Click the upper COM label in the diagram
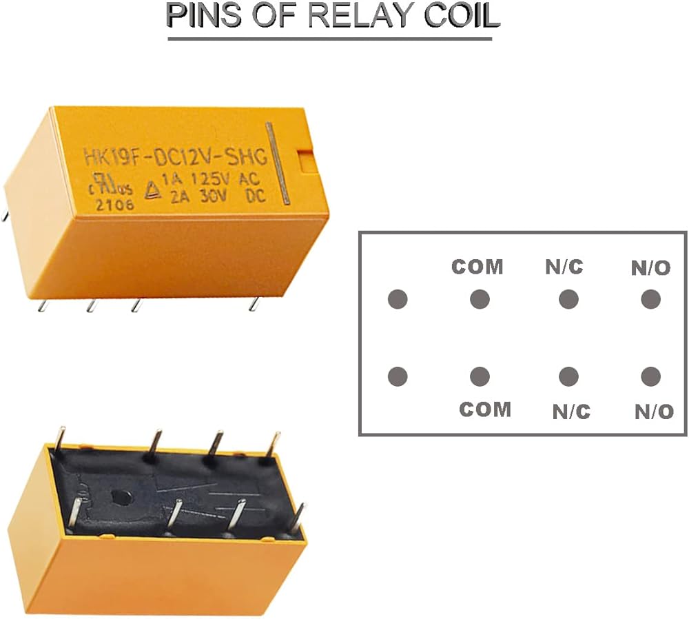pyautogui.click(x=477, y=267)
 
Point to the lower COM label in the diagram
pyautogui.click(x=485, y=409)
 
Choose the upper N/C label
pyautogui.click(x=564, y=267)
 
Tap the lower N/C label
pyautogui.click(x=571, y=412)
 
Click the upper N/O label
pyautogui.click(x=650, y=268)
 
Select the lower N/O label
pyautogui.click(x=654, y=412)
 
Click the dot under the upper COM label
pyautogui.click(x=480, y=299)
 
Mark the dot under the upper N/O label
pyautogui.click(x=650, y=299)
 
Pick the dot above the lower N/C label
pyautogui.click(x=568, y=376)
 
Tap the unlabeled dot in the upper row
pyautogui.click(x=398, y=299)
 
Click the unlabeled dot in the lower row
pyautogui.click(x=398, y=376)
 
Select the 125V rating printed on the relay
pyautogui.click(x=212, y=179)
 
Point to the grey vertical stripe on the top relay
pyautogui.click(x=281, y=164)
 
